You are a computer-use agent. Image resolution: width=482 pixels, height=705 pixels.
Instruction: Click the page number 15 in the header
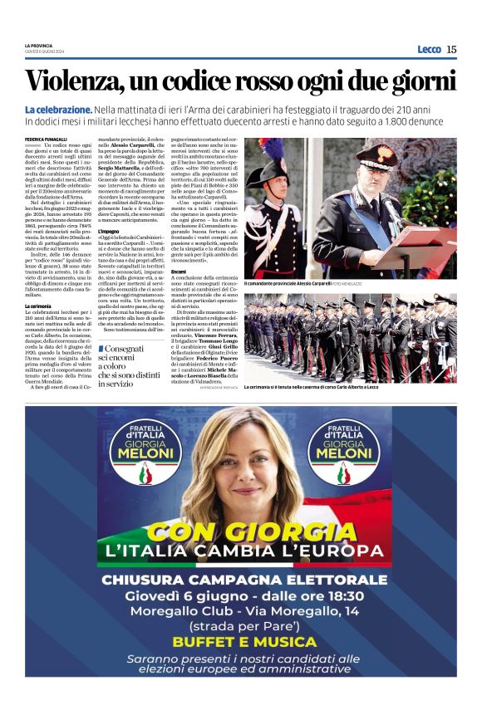coord(451,49)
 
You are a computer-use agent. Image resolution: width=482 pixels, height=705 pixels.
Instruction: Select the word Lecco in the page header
coord(429,49)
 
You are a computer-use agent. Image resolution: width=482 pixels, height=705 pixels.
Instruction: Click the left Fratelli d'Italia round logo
coord(145,449)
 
